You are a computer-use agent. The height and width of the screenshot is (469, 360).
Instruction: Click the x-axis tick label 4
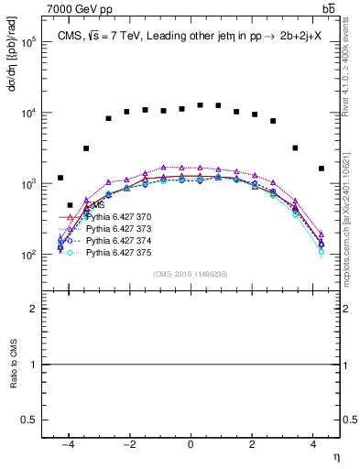point(313,444)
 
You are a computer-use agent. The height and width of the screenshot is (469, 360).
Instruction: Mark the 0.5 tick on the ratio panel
point(31,419)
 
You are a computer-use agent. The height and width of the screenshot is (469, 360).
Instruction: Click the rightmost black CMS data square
point(322,169)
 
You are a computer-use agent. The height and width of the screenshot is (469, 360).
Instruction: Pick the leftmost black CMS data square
point(60,178)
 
